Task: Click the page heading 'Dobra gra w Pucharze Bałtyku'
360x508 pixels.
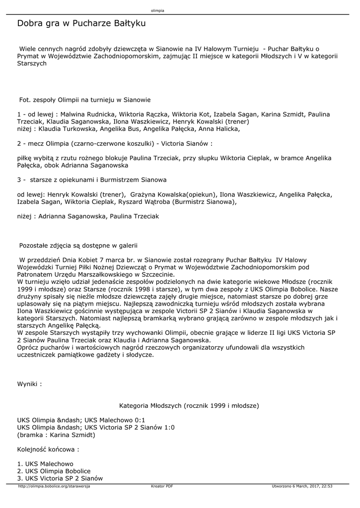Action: tap(81, 23)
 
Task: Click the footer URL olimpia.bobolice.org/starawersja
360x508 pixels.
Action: tap(54, 486)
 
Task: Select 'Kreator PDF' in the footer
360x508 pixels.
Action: tap(162, 486)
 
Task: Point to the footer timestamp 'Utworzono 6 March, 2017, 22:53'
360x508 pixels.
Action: tap(302, 486)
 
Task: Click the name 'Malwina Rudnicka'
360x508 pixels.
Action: tap(76, 114)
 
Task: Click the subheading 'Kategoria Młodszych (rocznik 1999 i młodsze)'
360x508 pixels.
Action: tap(189, 405)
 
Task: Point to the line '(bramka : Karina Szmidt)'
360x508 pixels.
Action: tap(56, 435)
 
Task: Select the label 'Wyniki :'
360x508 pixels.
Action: tap(29, 383)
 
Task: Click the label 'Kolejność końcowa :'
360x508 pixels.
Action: tap(48, 449)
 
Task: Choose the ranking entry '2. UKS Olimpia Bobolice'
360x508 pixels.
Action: tap(54, 471)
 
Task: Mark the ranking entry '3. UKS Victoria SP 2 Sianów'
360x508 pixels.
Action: tap(60, 478)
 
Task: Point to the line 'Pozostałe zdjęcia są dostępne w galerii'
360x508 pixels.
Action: tap(78, 245)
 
